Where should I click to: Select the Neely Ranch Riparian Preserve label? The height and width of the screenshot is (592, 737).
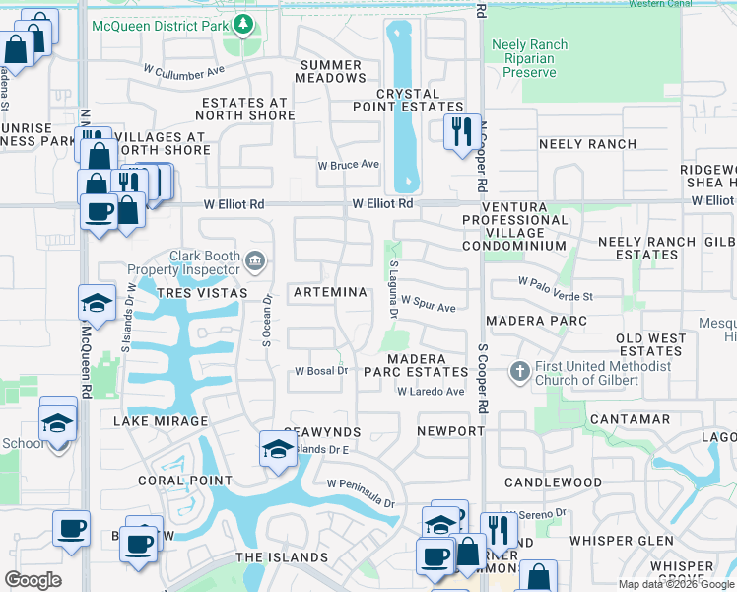pyautogui.click(x=529, y=58)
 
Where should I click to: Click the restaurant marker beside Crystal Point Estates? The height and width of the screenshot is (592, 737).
pyautogui.click(x=461, y=130)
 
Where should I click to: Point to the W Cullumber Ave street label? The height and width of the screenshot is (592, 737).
pyautogui.click(x=184, y=71)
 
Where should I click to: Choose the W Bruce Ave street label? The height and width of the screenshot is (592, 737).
pyautogui.click(x=348, y=165)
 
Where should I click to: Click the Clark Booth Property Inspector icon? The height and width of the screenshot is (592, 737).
pyautogui.click(x=255, y=260)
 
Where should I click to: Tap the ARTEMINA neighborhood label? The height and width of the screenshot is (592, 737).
pyautogui.click(x=329, y=293)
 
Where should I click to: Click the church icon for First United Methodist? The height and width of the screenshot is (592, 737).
pyautogui.click(x=520, y=372)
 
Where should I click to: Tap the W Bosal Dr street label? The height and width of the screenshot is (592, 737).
pyautogui.click(x=322, y=371)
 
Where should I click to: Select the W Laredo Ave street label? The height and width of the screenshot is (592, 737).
pyautogui.click(x=431, y=392)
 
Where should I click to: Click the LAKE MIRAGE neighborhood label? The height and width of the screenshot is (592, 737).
pyautogui.click(x=161, y=421)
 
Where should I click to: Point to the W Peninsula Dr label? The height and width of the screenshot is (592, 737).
pyautogui.click(x=361, y=489)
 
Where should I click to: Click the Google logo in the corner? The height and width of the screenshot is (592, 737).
pyautogui.click(x=33, y=580)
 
